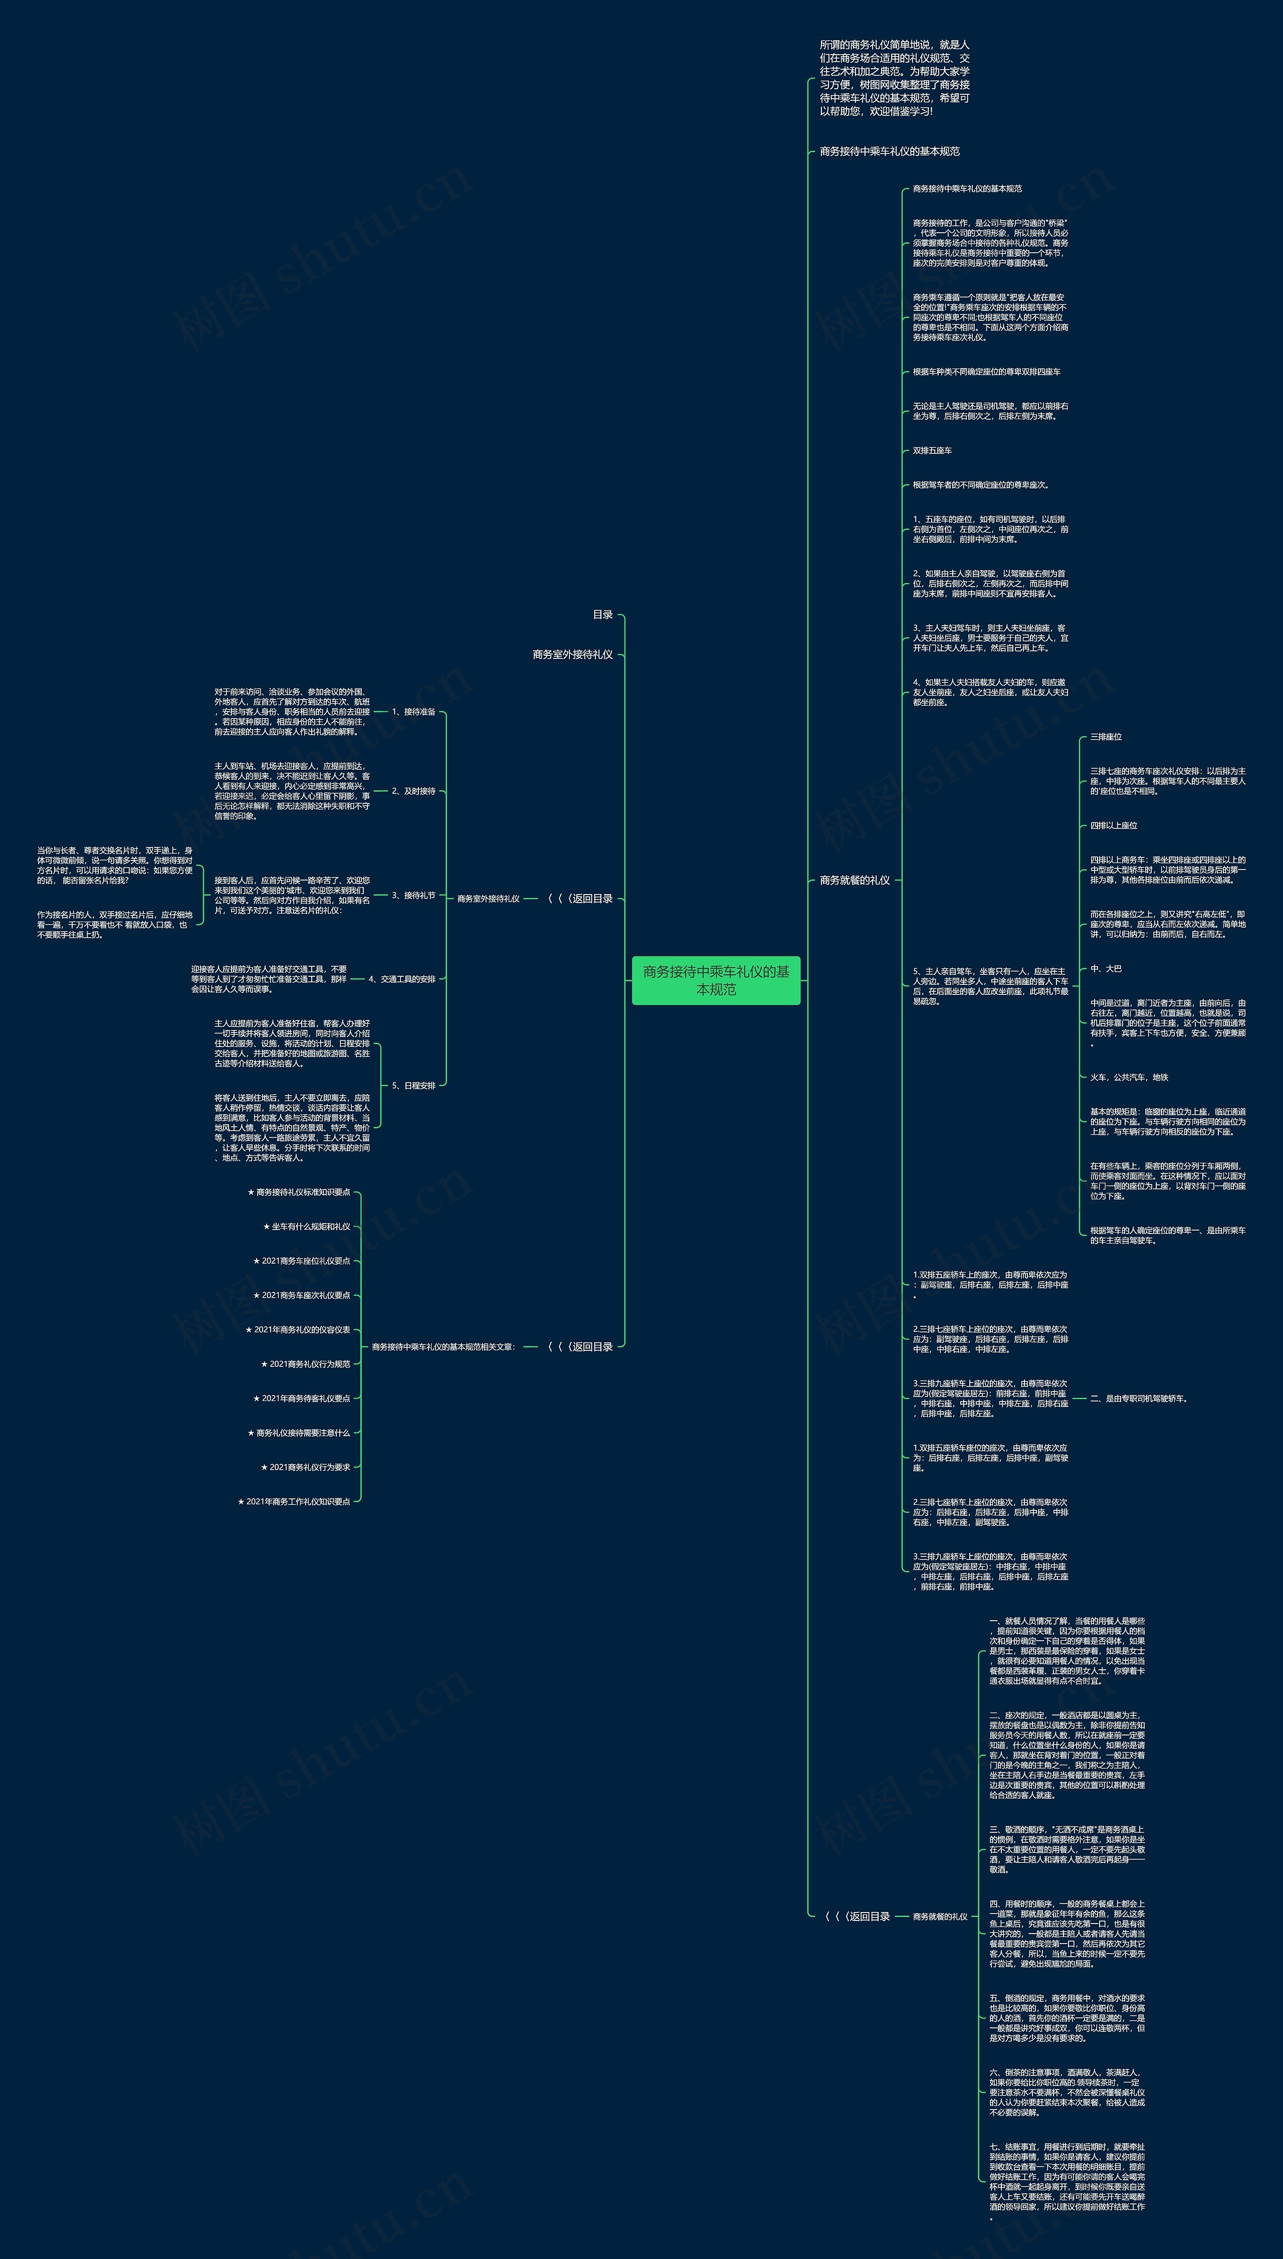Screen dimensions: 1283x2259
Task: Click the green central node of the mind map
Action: click(716, 980)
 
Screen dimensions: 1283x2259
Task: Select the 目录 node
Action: click(603, 614)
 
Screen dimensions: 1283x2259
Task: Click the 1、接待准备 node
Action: click(413, 711)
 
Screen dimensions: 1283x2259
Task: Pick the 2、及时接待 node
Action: click(413, 791)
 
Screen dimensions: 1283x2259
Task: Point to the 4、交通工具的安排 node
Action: click(402, 978)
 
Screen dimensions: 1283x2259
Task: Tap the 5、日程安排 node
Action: click(413, 1085)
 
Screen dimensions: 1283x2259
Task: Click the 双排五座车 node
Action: click(932, 450)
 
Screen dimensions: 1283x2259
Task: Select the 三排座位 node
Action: click(1106, 736)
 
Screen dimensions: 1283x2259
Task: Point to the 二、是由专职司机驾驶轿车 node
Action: click(1139, 1398)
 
